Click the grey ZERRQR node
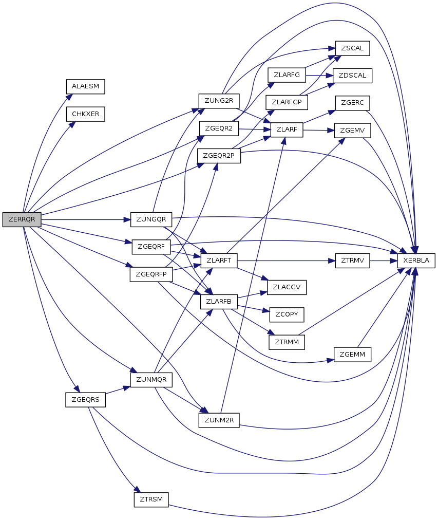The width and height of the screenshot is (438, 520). (x=22, y=219)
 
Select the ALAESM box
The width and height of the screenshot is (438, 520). (x=85, y=86)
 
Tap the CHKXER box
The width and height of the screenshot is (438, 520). (x=85, y=114)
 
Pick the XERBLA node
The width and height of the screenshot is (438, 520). (x=416, y=261)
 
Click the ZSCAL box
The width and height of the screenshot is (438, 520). (x=353, y=48)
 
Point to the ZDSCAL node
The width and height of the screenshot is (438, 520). (x=353, y=76)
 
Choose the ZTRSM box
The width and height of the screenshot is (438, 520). (x=151, y=499)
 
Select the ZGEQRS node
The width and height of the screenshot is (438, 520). (x=85, y=400)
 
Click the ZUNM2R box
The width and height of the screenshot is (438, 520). (x=219, y=420)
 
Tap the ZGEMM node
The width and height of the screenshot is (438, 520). (x=353, y=355)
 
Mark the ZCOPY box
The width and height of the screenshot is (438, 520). (x=287, y=314)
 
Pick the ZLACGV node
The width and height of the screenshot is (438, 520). (x=287, y=287)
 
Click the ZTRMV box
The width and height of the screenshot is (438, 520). (x=353, y=261)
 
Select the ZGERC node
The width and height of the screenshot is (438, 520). (x=353, y=103)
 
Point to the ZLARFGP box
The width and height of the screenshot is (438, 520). (x=287, y=102)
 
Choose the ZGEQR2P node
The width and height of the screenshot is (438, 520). (x=219, y=156)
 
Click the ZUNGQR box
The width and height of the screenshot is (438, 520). (x=151, y=219)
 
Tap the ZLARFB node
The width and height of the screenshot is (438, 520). (x=219, y=302)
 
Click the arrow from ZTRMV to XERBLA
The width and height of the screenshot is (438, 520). (x=384, y=261)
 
